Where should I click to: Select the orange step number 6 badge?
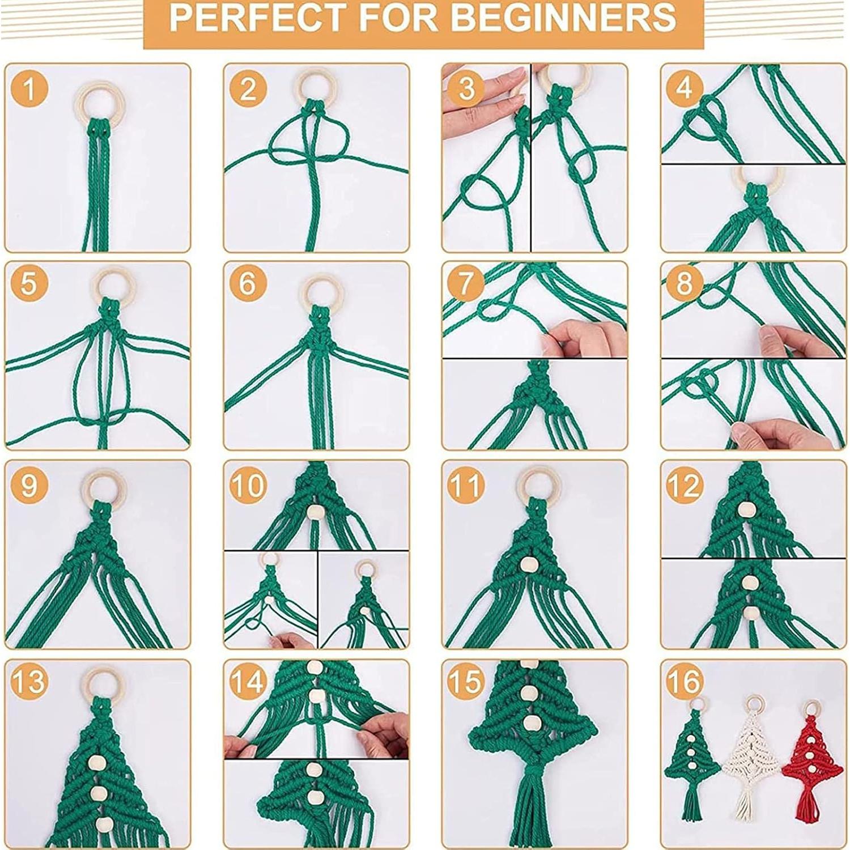248,283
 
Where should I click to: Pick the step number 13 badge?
28,681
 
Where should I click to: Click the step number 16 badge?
685,681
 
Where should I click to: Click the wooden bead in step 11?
529,564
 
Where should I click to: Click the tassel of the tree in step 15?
532,805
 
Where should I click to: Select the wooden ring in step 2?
315,85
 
